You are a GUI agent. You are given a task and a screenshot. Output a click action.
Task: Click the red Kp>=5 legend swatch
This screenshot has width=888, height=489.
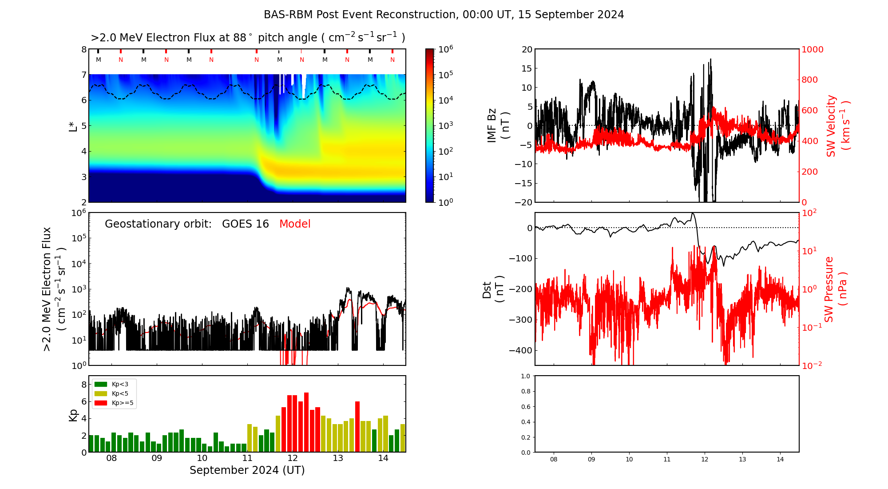pyautogui.click(x=101, y=403)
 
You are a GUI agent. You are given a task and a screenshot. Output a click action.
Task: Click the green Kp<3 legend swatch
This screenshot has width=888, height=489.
pyautogui.click(x=101, y=384)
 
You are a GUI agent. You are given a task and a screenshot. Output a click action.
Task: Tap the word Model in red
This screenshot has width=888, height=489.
pyautogui.click(x=295, y=224)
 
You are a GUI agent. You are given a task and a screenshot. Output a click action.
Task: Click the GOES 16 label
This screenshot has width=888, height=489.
pyautogui.click(x=246, y=224)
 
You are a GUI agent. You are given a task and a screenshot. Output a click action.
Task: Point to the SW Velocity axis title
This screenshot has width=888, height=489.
pyautogui.click(x=837, y=126)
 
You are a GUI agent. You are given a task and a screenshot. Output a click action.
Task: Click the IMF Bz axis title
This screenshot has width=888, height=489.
pyautogui.click(x=498, y=126)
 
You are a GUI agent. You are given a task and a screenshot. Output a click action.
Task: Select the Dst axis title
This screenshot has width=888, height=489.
pyautogui.click(x=493, y=289)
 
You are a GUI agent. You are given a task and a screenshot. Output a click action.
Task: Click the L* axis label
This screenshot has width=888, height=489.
pyautogui.click(x=73, y=126)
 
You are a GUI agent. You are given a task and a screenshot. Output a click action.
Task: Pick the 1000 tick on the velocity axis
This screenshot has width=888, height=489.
pyautogui.click(x=812, y=49)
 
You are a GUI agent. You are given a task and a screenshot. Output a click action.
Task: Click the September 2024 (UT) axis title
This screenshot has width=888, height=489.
pyautogui.click(x=247, y=470)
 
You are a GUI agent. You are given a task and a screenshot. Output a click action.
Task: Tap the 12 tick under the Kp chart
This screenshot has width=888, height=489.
pyautogui.click(x=293, y=458)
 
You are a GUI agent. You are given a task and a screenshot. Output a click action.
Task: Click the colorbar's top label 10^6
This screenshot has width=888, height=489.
pyautogui.click(x=445, y=49)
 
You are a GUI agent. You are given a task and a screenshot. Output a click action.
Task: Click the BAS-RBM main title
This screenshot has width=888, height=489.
pyautogui.click(x=444, y=15)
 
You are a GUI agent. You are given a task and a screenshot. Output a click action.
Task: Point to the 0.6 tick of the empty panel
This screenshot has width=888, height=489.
pyautogui.click(x=525, y=407)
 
